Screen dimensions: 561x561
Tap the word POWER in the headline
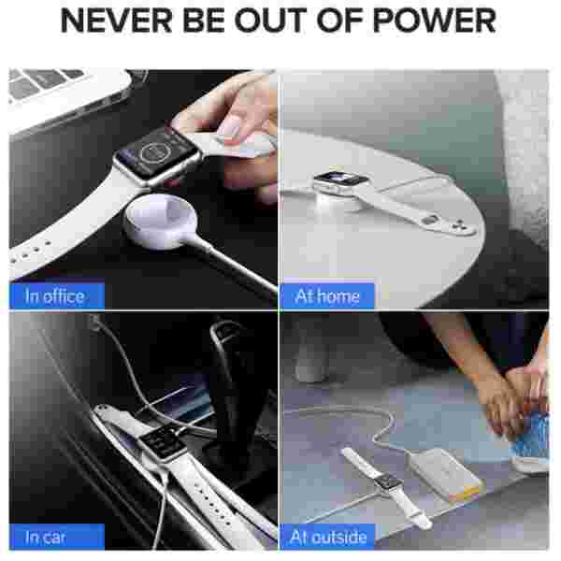click(435, 22)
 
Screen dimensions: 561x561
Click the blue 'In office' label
click(57, 296)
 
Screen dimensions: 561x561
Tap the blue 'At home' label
click(327, 296)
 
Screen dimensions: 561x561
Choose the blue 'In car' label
click(57, 537)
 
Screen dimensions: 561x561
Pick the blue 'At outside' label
click(327, 537)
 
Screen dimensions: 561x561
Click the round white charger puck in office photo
click(160, 222)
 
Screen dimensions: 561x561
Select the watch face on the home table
click(340, 179)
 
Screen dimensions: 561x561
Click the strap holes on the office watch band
click(31, 251)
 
